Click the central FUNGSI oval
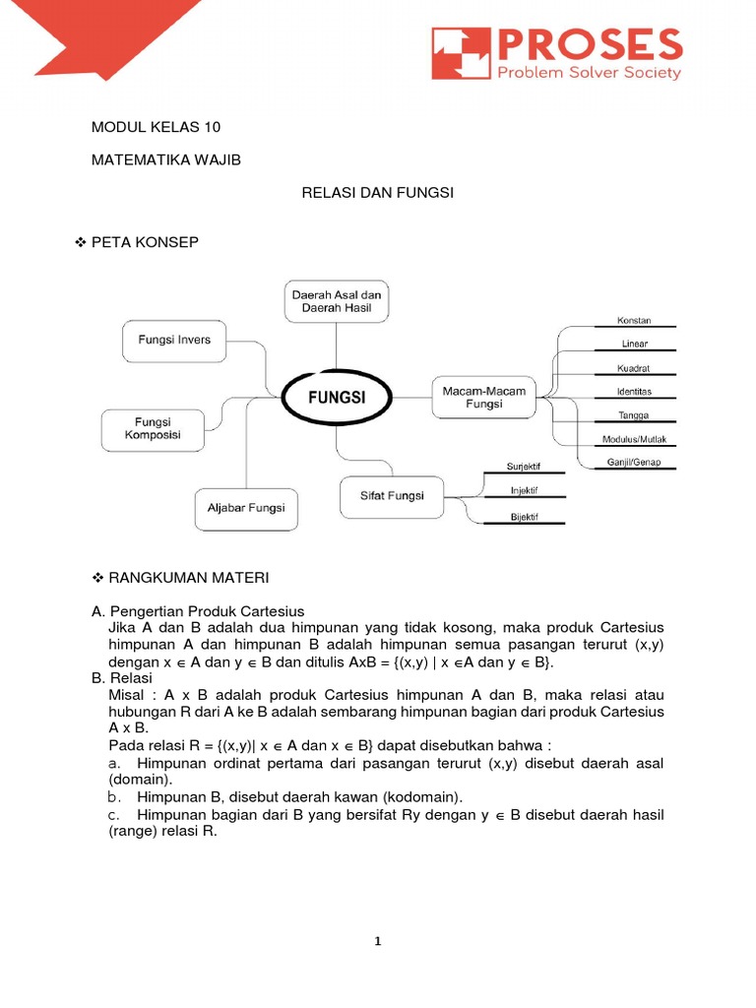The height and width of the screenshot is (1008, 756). click(338, 399)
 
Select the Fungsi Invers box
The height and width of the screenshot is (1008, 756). click(174, 341)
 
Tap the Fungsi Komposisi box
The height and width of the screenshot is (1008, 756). click(153, 429)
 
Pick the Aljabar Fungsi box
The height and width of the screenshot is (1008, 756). click(246, 508)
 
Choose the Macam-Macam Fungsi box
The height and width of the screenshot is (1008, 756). click(483, 398)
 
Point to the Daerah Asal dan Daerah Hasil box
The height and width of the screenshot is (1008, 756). click(336, 301)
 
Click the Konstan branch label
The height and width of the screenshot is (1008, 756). click(633, 321)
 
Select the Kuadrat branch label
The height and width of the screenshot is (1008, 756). click(634, 368)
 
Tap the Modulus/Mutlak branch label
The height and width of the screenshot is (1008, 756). click(634, 439)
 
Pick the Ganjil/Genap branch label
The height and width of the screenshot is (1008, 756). click(633, 462)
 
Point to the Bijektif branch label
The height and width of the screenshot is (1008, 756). click(524, 517)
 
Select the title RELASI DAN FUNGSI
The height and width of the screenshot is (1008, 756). click(377, 193)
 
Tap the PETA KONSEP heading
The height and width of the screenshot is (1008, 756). click(145, 242)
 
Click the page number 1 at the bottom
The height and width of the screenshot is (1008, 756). click(378, 941)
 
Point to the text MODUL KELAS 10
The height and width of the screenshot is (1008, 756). click(157, 127)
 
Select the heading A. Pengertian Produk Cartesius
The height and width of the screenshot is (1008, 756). click(198, 610)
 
